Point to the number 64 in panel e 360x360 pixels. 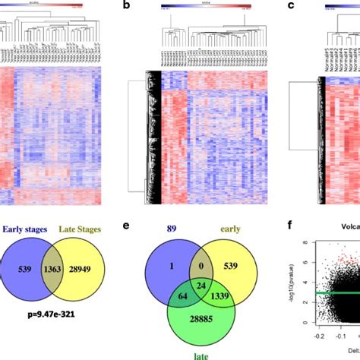click(x=180, y=293)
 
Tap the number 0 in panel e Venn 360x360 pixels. click(x=201, y=262)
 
